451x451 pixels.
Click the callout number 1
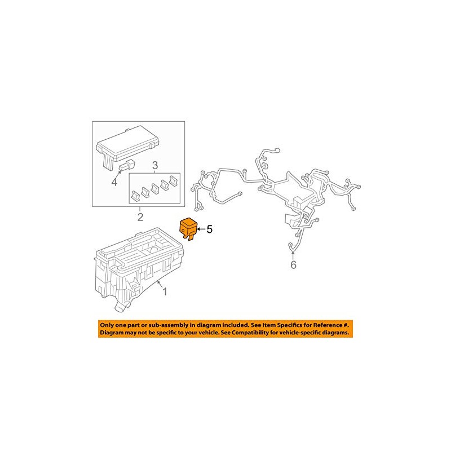click(x=165, y=292)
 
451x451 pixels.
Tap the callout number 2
click(x=140, y=217)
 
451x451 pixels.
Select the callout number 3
click(x=155, y=165)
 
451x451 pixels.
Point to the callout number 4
click(x=114, y=182)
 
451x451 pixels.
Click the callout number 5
click(x=209, y=229)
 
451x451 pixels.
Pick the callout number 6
click(x=293, y=264)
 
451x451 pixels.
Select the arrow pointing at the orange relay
click(x=201, y=229)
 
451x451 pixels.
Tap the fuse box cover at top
click(x=127, y=147)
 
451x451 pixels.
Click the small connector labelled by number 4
click(x=127, y=165)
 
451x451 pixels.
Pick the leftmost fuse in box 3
click(x=135, y=196)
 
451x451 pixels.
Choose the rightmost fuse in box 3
click(x=174, y=180)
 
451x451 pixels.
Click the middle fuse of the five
click(x=154, y=188)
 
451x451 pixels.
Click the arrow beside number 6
click(x=293, y=255)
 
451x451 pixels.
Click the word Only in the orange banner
click(x=107, y=325)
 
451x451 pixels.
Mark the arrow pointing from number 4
click(x=118, y=174)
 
